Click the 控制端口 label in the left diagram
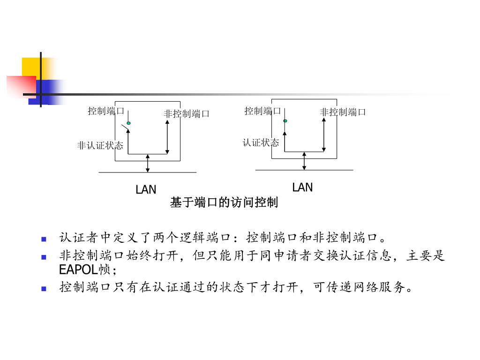tap(106, 111)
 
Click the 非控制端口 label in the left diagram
tap(186, 114)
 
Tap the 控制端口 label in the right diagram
tap(262, 111)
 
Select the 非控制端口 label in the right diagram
tap(343, 112)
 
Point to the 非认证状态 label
tap(100, 146)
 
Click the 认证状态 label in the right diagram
tap(261, 142)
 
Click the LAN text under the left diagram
tap(146, 190)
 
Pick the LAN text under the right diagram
tap(302, 187)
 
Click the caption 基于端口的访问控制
tap(224, 202)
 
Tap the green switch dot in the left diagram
tap(128, 123)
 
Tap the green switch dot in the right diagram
tap(285, 121)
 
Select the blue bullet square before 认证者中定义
tap(44, 239)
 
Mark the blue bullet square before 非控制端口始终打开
tap(44, 257)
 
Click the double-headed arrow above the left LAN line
tap(148, 163)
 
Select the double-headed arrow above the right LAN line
tap(304, 161)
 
